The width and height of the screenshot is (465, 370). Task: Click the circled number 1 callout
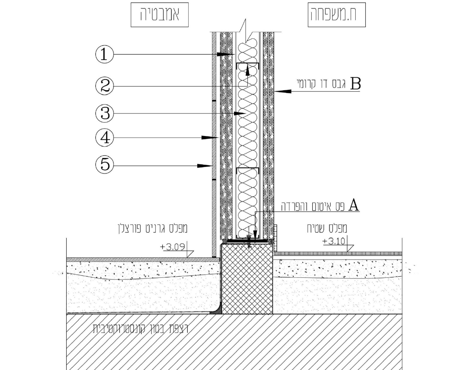tap(105, 54)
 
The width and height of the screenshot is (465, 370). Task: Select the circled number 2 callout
tap(105, 86)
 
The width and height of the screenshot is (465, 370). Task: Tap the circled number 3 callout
tap(105, 114)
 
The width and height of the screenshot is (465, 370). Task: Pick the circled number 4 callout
tap(105, 138)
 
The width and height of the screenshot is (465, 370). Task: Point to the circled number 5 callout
tap(105, 165)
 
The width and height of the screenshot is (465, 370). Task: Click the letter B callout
tap(355, 83)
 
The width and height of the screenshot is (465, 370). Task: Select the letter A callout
tap(354, 205)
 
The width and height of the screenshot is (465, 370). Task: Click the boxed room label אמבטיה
tap(160, 15)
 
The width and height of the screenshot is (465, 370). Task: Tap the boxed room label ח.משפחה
tap(337, 15)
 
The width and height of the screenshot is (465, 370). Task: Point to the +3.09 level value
tap(173, 246)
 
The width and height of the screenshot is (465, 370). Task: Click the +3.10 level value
tap(334, 241)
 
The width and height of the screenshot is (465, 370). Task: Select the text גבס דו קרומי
tap(321, 84)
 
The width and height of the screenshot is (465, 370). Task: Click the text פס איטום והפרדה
tap(313, 206)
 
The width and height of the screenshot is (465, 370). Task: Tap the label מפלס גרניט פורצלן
tap(153, 229)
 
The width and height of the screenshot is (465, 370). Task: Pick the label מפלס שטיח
tap(327, 228)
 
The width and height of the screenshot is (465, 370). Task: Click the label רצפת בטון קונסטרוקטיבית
tap(141, 329)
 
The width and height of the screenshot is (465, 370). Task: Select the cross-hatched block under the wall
tap(247, 279)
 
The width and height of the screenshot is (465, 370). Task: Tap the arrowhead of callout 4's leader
tap(209, 138)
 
